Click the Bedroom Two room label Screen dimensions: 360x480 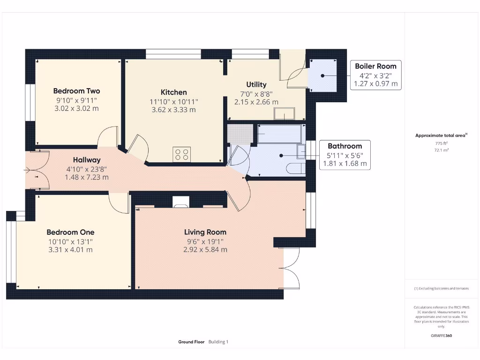pyautogui.click(x=76, y=91)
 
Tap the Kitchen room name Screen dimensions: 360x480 pyautogui.click(x=173, y=92)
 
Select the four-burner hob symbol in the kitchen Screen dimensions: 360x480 pyautogui.click(x=182, y=154)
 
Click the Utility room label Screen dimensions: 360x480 pyautogui.click(x=256, y=84)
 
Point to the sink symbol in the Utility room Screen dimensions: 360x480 pyautogui.click(x=285, y=114)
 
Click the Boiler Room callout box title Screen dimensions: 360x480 pyautogui.click(x=375, y=66)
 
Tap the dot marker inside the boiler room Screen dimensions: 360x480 pyautogui.click(x=322, y=75)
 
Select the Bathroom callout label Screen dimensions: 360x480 pyautogui.click(x=345, y=146)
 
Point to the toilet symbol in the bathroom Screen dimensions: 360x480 pyautogui.click(x=295, y=169)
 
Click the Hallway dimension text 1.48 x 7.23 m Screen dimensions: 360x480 pyautogui.click(x=86, y=177)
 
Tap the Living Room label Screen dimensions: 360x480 pyautogui.click(x=205, y=232)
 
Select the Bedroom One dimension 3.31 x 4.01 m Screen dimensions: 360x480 pyautogui.click(x=70, y=249)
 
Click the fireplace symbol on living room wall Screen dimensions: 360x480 pyautogui.click(x=180, y=202)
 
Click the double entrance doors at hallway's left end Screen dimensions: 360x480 pyautogui.click(x=37, y=170)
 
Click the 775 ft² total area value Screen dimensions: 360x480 pyautogui.click(x=441, y=143)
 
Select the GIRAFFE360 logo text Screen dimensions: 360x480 pyautogui.click(x=441, y=336)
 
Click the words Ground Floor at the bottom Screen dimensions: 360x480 pyautogui.click(x=191, y=342)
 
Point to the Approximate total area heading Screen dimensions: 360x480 pyautogui.click(x=441, y=135)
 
